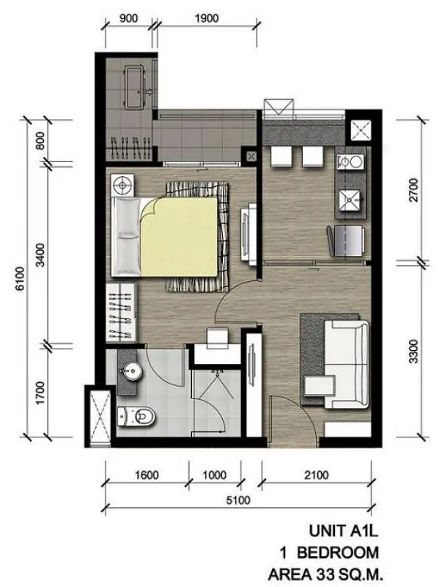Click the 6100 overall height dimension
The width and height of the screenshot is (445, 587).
point(21,278)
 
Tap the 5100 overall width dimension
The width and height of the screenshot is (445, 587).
point(238,500)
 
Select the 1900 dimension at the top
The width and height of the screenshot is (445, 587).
point(207,18)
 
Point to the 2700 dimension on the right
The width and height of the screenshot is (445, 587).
point(414,190)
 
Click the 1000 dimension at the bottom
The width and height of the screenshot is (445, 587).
point(215,475)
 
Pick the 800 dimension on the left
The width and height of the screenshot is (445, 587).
point(40,141)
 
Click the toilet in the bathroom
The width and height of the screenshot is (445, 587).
point(136,417)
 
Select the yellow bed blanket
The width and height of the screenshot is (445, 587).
point(179,237)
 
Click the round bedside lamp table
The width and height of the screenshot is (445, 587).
point(122,186)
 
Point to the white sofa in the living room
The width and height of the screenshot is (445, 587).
point(347,364)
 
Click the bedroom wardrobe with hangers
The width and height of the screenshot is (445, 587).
point(121,313)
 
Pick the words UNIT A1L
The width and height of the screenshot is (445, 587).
point(344,531)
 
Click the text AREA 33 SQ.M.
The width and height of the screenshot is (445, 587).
point(326,574)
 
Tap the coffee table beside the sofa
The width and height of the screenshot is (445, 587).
point(319,386)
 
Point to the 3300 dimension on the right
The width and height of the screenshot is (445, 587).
point(414,352)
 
